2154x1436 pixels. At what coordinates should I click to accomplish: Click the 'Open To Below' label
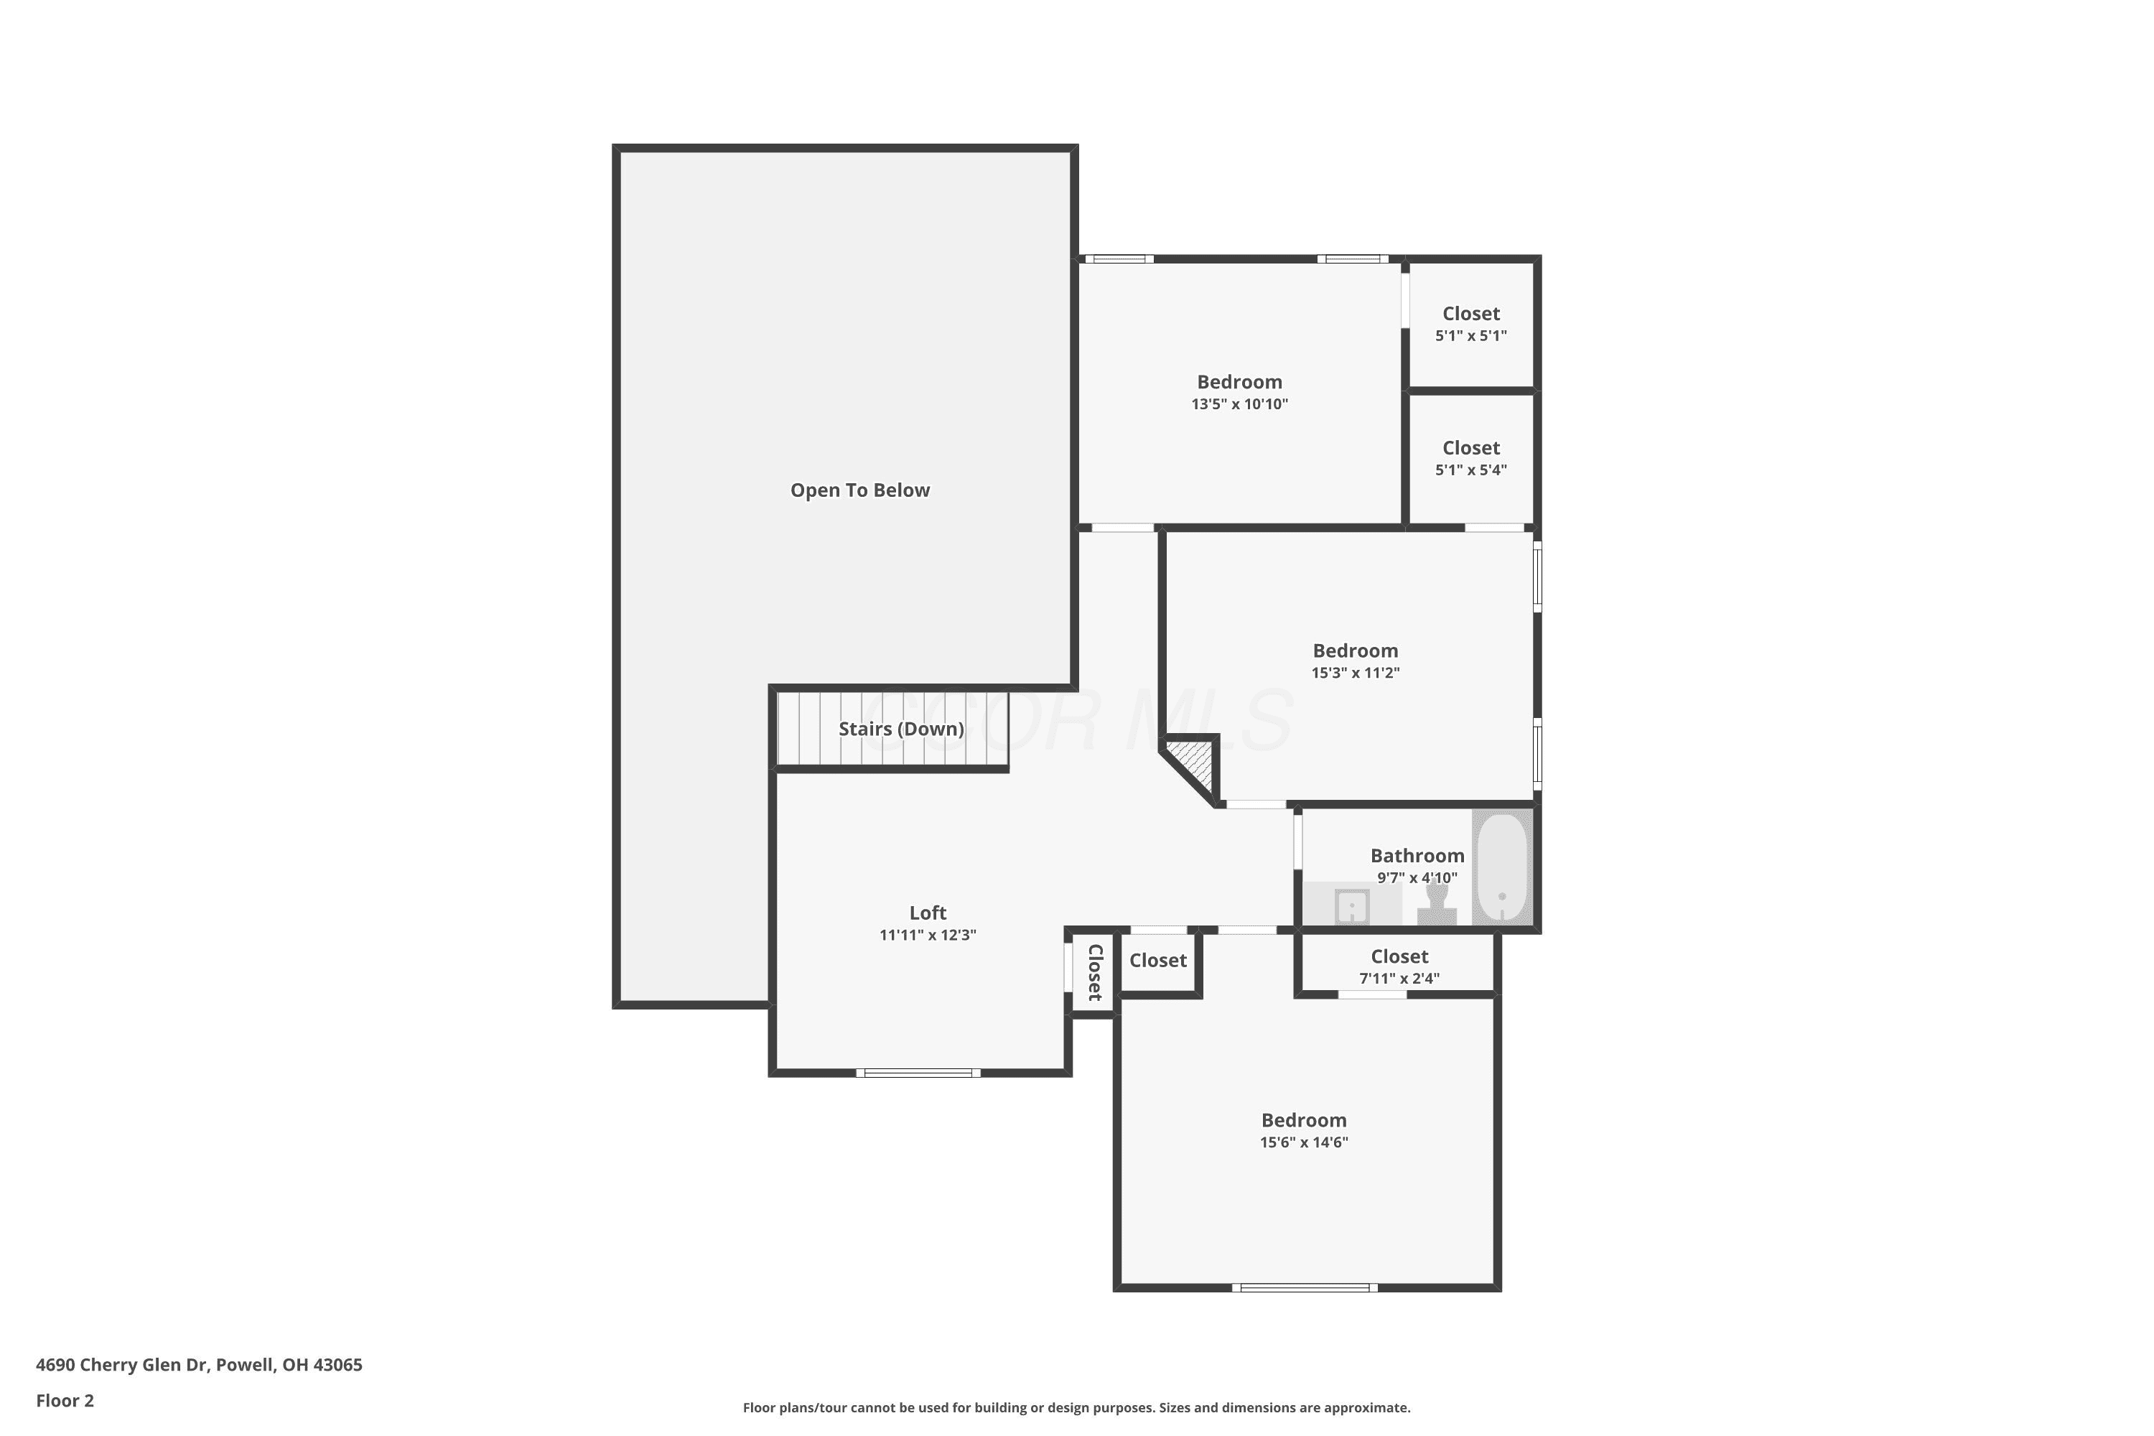point(860,490)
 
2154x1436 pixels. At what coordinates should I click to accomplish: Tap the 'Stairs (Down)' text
point(901,729)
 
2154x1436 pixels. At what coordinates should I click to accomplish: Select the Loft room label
point(928,912)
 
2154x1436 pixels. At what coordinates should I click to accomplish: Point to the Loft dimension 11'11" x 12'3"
point(928,935)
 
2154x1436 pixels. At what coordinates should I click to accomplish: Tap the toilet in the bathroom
point(1437,905)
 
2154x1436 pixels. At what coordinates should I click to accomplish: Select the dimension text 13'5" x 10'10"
point(1239,404)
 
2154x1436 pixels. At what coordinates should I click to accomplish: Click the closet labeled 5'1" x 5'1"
point(1470,325)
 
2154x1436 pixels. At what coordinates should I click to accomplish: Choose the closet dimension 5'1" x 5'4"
point(1470,470)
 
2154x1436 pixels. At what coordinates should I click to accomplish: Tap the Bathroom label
point(1417,855)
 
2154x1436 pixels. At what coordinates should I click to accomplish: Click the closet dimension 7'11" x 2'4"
point(1399,978)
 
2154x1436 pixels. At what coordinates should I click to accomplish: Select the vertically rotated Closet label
point(1094,973)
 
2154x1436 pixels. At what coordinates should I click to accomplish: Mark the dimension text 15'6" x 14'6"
point(1304,1142)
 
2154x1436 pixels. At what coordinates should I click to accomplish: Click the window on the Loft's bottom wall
point(918,1073)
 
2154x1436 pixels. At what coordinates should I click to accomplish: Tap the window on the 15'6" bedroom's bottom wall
point(1305,1287)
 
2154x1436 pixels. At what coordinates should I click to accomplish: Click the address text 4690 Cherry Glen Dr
point(123,1365)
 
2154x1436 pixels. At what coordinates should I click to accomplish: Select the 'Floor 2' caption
point(65,1400)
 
